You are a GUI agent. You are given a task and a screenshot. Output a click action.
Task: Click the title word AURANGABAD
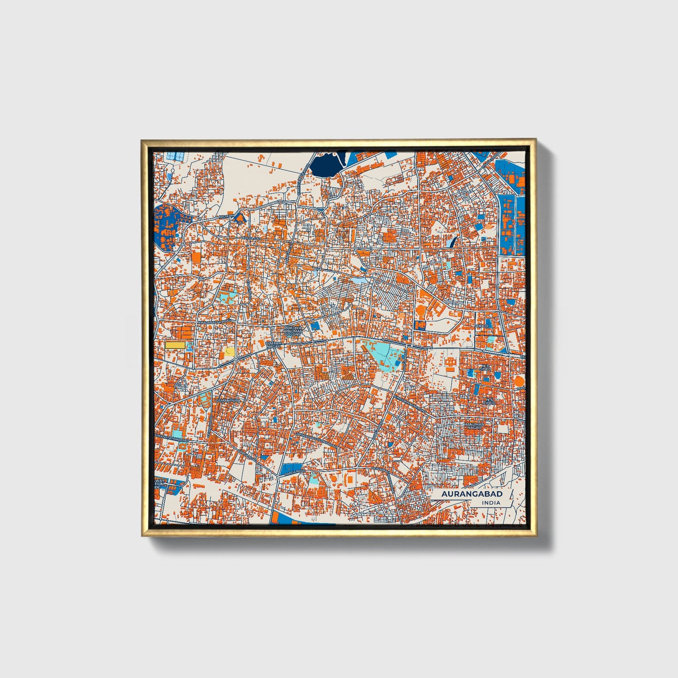(472, 494)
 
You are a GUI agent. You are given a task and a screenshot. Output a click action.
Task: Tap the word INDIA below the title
(491, 503)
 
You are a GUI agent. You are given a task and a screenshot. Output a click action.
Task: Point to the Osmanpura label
(228, 400)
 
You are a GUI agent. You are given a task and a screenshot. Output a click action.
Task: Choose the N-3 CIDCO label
(486, 367)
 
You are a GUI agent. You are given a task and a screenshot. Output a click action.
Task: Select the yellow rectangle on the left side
(175, 345)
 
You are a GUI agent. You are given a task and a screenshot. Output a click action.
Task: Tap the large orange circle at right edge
(519, 381)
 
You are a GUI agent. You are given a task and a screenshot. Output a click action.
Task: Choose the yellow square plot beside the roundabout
(230, 351)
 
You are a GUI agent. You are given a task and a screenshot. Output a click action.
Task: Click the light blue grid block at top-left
(176, 155)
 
